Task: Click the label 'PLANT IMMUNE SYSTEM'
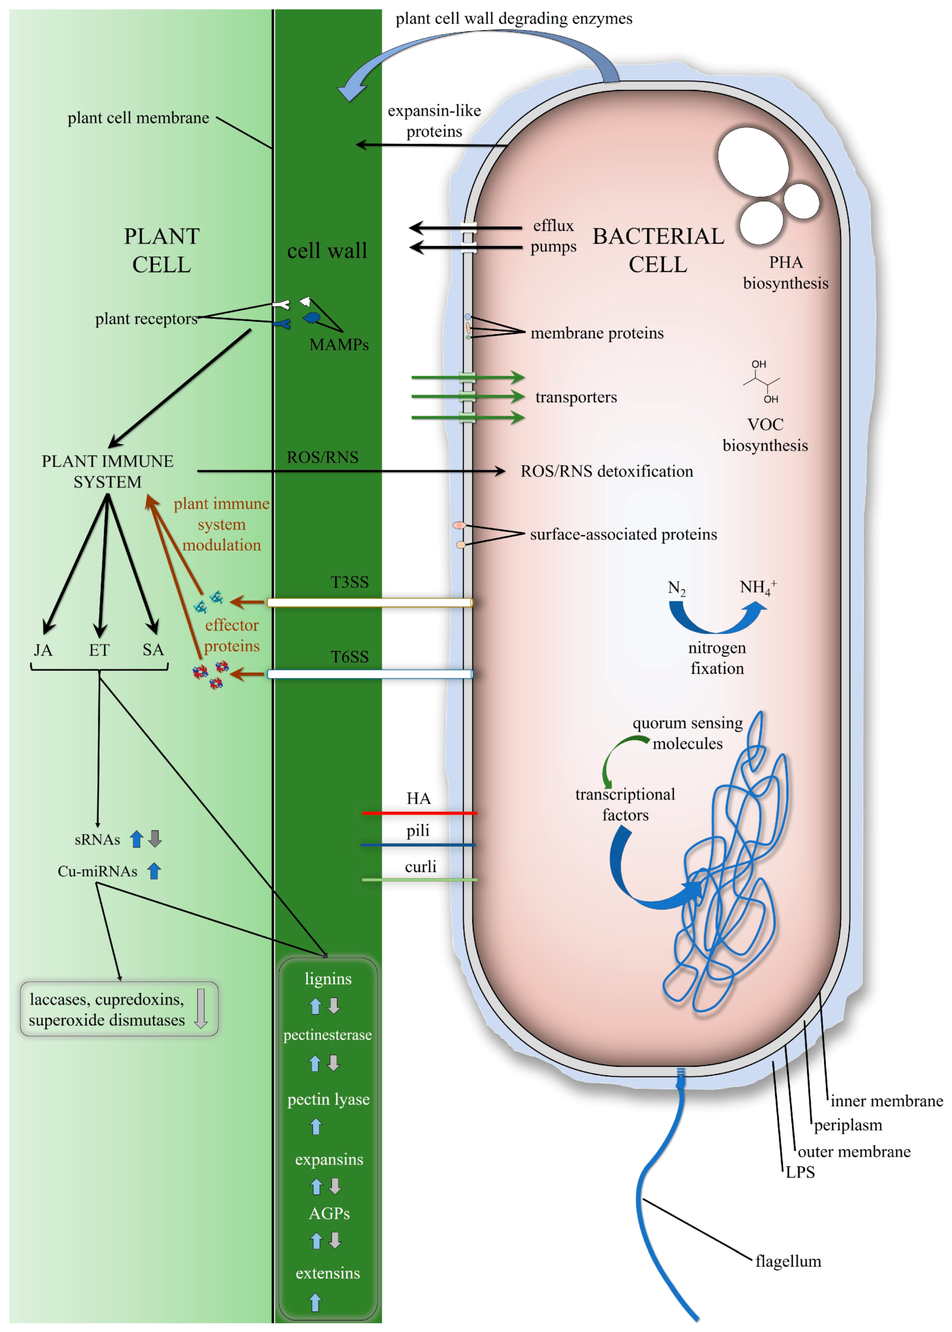point(107,471)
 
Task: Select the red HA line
point(419,813)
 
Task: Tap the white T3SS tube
point(370,603)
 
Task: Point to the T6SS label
point(349,657)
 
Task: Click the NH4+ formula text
point(757,587)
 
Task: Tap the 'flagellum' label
point(788,1261)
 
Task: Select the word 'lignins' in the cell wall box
point(328,979)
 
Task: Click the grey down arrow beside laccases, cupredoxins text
point(200,1008)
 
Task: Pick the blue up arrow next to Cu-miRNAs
point(154,872)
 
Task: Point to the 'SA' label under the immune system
point(153,649)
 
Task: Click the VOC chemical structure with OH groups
point(761,381)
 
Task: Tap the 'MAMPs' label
point(339,344)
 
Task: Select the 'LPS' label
point(799,1172)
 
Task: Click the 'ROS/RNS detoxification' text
point(607,471)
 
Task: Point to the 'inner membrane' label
point(886,1101)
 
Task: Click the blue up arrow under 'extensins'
point(315,1302)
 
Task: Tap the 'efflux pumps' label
point(553,236)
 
